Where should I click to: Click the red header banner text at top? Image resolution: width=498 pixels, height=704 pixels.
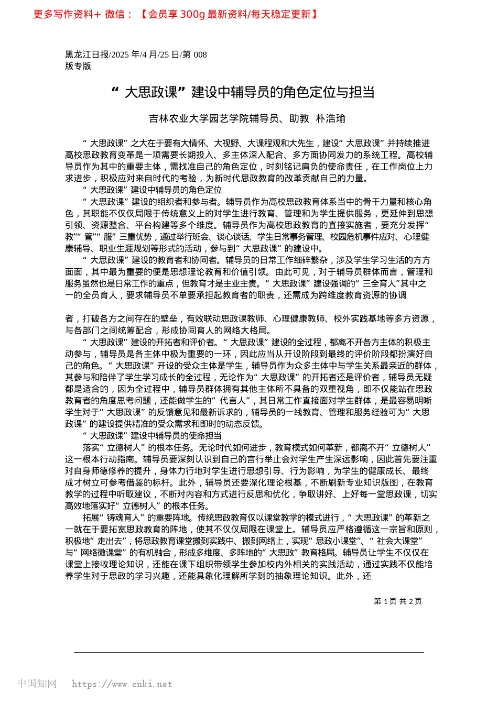pyautogui.click(x=175, y=15)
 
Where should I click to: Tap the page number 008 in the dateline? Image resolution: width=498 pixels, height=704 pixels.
pyautogui.click(x=200, y=54)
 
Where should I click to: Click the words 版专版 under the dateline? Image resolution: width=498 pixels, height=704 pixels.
pyautogui.click(x=78, y=66)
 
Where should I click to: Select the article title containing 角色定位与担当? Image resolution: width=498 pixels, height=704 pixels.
pyautogui.click(x=244, y=93)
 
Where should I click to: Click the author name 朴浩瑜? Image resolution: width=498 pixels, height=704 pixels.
pyautogui.click(x=330, y=119)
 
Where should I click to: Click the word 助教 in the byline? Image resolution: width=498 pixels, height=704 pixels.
pyautogui.click(x=299, y=119)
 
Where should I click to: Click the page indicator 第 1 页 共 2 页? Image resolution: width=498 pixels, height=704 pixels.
pyautogui.click(x=397, y=601)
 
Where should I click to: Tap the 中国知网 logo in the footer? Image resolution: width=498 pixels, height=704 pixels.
pyautogui.click(x=37, y=684)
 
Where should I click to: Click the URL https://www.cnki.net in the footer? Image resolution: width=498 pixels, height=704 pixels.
pyautogui.click(x=122, y=684)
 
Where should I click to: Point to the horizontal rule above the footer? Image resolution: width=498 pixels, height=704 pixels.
pyautogui.click(x=249, y=653)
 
